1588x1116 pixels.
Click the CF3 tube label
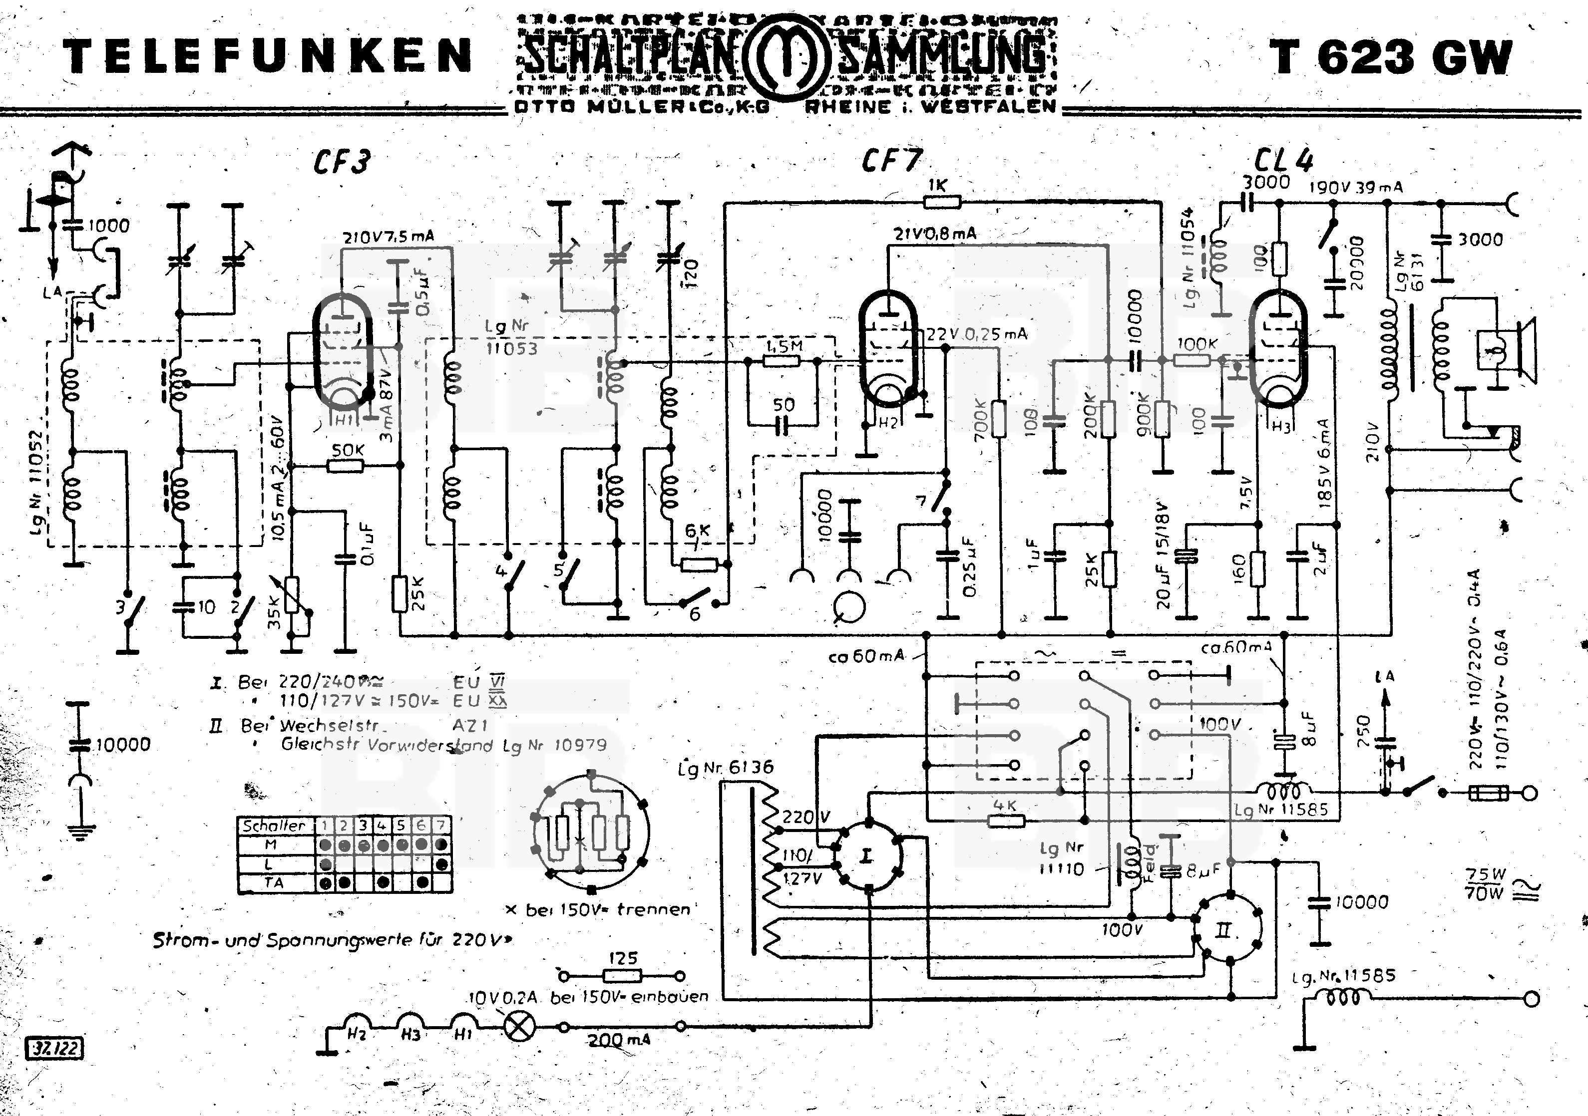click(x=341, y=162)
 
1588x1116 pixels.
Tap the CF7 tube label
click(x=891, y=160)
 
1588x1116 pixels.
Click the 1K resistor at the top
click(x=942, y=202)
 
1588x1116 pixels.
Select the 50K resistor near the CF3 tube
click(x=345, y=466)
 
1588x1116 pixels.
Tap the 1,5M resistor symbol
click(x=782, y=360)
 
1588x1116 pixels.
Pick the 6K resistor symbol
click(x=699, y=564)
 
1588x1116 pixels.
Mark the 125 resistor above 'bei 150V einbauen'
click(x=623, y=976)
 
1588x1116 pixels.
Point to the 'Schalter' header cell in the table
click(x=274, y=826)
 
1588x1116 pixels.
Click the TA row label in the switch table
click(x=274, y=883)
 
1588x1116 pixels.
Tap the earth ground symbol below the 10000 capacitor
click(x=81, y=830)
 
